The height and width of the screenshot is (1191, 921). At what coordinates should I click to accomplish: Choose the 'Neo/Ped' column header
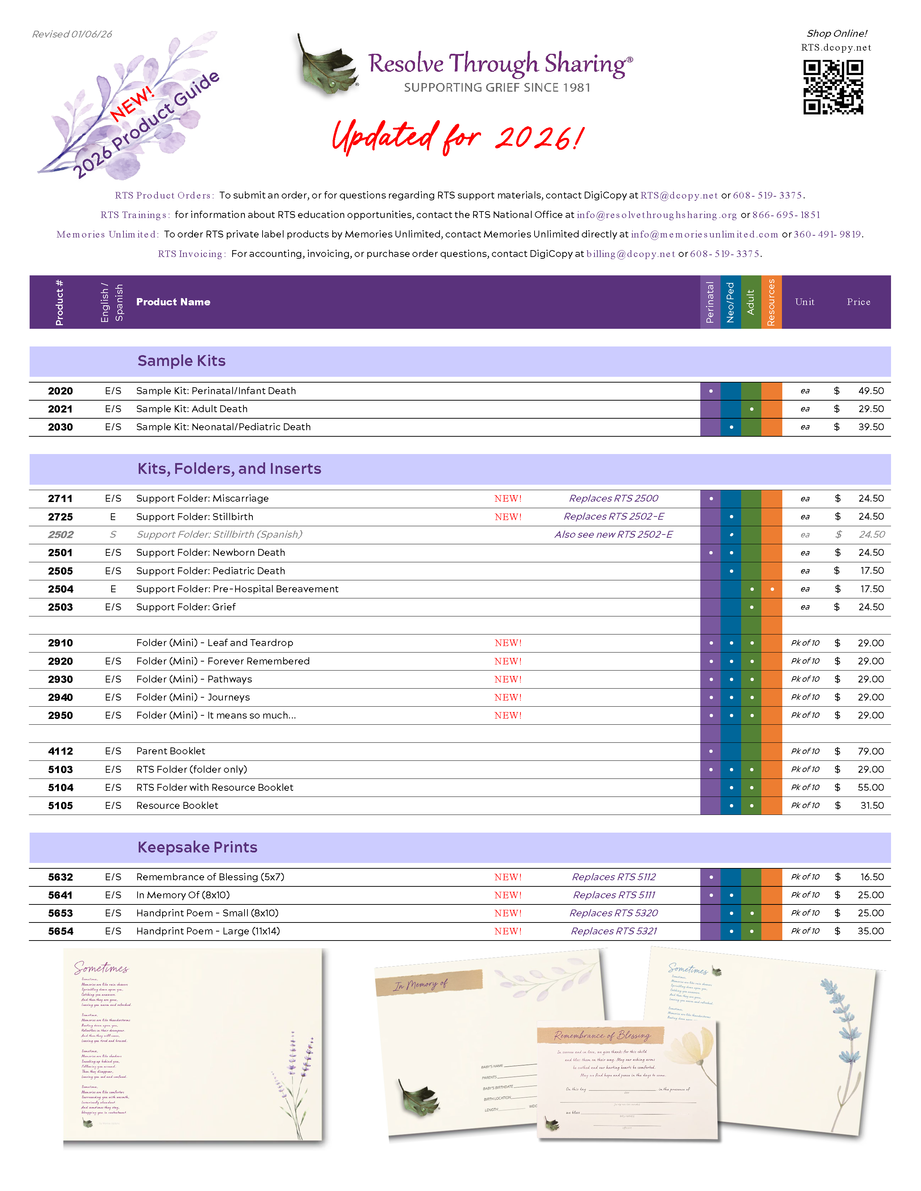731,302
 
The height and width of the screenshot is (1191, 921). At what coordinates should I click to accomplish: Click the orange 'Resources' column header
771,302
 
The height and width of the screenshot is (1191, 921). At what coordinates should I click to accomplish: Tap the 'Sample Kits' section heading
181,361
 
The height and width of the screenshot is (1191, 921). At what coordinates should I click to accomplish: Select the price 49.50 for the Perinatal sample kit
871,391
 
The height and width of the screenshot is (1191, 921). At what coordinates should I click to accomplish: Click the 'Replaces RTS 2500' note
613,498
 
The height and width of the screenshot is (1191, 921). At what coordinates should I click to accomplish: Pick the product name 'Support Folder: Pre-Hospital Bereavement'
237,589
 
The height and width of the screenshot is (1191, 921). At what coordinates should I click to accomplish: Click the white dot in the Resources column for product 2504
772,589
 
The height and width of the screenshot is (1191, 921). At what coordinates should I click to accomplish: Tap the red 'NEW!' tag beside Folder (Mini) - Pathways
508,680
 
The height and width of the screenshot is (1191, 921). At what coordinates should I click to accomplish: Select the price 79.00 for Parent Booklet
870,751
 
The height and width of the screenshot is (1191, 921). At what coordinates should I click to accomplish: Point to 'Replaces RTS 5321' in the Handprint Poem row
614,932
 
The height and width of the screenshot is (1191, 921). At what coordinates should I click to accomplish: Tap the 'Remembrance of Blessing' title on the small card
602,1035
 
